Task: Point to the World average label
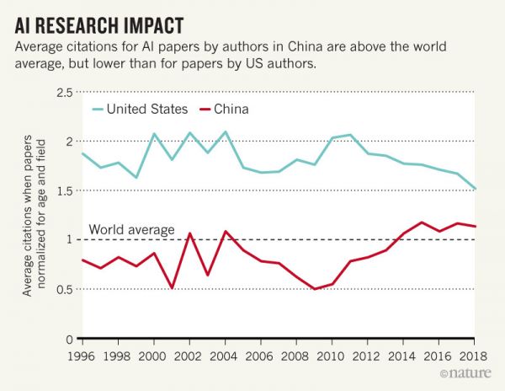(132, 229)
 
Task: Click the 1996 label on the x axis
(82, 355)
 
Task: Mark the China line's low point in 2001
(172, 288)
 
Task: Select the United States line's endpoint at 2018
(476, 189)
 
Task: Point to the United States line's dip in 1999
(136, 177)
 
